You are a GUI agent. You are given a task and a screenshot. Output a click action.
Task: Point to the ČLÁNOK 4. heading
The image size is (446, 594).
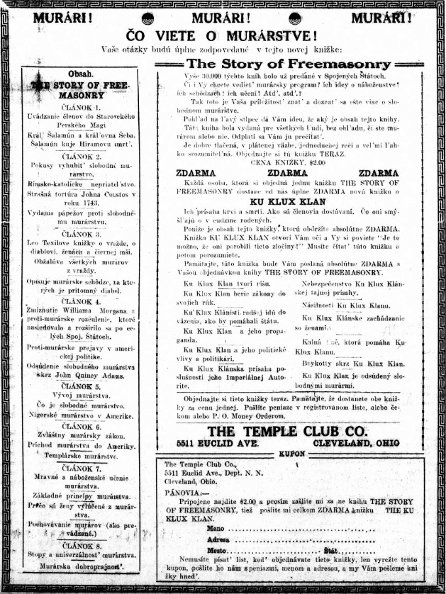79,301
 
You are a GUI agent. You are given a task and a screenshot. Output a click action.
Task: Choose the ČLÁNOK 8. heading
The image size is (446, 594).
79,545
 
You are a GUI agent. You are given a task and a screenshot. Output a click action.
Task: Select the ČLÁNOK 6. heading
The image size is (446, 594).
79,427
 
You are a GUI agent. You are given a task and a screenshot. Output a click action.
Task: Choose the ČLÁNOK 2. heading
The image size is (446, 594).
79,155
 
